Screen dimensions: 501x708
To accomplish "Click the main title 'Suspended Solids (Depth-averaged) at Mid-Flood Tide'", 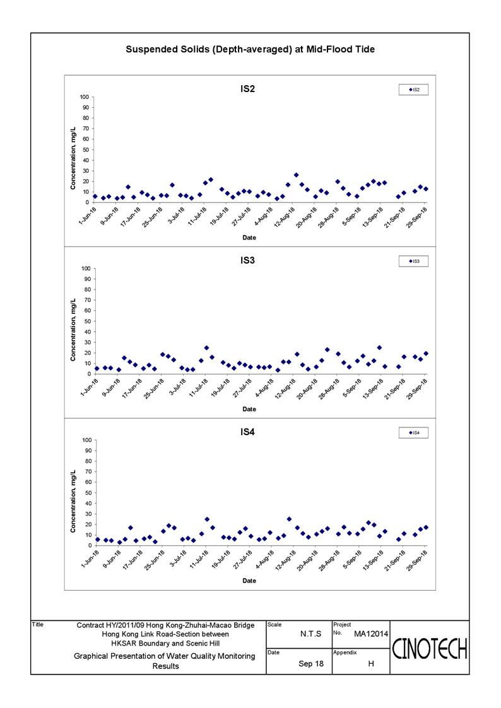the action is (250, 49).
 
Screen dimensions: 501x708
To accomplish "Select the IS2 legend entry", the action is (414, 90).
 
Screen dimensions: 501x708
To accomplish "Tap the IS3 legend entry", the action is (414, 262).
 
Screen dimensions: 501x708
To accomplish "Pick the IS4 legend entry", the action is (414, 433).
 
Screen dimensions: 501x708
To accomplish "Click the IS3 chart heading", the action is (247, 260).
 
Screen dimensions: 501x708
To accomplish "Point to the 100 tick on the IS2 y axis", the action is (85, 97).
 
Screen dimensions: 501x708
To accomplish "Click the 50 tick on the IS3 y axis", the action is (86, 322).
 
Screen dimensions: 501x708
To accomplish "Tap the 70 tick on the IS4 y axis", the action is (86, 472).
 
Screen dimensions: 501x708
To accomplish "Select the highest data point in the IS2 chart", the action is (297, 175).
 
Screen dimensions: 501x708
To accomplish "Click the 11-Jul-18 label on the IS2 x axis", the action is (197, 216).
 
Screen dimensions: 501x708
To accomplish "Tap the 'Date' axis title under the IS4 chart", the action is (249, 581).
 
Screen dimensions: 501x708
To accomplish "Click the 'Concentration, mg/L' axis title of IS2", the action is (73, 158).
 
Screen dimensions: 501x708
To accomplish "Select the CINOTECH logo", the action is (429, 649).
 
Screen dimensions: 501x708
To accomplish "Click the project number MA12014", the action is (371, 634).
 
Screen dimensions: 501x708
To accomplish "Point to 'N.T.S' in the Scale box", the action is (311, 634).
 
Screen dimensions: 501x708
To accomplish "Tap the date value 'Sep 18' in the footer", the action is (311, 664).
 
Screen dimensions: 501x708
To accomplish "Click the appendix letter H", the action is (371, 664).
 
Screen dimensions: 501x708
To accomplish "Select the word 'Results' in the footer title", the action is (165, 666).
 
